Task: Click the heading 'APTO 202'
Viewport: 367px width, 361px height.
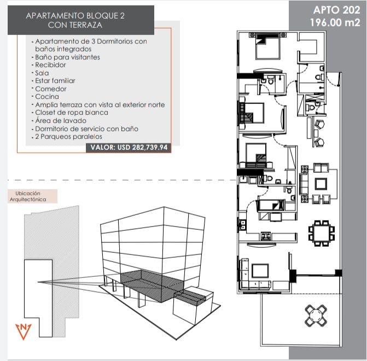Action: point(336,10)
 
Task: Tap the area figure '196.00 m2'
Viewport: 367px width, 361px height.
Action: point(335,23)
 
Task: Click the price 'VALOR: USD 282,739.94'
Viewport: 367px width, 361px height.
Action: point(129,148)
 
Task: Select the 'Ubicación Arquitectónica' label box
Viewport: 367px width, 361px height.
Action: point(32,196)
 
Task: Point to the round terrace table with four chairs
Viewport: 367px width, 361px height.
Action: point(316,316)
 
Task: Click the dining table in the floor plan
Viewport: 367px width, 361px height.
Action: point(321,233)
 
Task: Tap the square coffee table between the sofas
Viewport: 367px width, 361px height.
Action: point(321,184)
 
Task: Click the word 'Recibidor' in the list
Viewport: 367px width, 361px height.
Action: point(50,65)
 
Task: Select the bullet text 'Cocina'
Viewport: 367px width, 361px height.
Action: point(47,97)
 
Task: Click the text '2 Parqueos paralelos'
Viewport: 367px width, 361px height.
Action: point(68,137)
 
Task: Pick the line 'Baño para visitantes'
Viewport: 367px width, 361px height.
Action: point(67,57)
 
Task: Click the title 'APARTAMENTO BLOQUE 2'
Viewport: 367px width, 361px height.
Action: point(75,16)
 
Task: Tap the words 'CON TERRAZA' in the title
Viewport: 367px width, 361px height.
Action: point(75,25)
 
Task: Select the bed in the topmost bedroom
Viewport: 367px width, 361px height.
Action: point(268,46)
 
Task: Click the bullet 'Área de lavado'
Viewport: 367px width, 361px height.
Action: point(61,120)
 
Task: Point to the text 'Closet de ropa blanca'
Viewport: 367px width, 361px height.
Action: point(72,113)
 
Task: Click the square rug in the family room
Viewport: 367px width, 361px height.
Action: point(260,270)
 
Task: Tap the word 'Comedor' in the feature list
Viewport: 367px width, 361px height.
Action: point(50,89)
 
